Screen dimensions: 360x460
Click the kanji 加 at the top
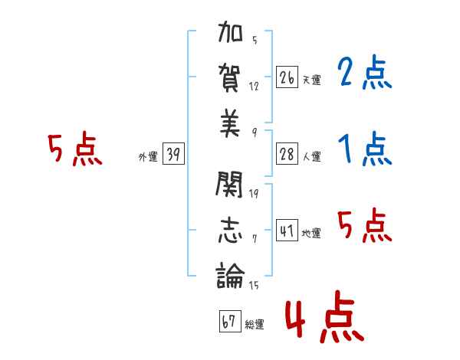click(x=231, y=36)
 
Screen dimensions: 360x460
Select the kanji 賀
click(x=231, y=78)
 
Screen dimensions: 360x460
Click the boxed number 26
click(x=287, y=77)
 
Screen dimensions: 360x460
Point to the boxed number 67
click(x=229, y=322)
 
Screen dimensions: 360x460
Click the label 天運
click(x=311, y=80)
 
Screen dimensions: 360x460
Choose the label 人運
click(x=311, y=157)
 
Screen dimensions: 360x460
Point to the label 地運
click(x=311, y=234)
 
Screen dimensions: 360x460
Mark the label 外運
click(x=148, y=157)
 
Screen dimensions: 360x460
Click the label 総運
click(x=255, y=325)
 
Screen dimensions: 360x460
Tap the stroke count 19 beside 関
click(x=254, y=193)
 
